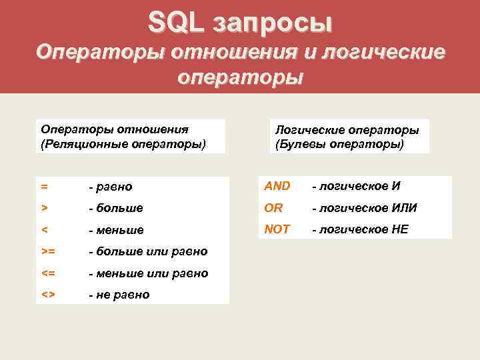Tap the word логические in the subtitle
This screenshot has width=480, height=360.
point(381,51)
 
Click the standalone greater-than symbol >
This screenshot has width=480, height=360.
point(44,208)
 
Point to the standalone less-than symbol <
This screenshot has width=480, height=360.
point(44,230)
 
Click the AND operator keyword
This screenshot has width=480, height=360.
point(277,186)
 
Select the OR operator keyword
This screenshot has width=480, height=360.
point(273,208)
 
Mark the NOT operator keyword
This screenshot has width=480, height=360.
point(277,229)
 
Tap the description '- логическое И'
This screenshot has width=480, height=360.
point(354,186)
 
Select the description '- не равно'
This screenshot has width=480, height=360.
point(119,295)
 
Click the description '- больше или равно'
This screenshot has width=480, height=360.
point(147,251)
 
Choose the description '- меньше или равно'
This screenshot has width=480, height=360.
point(148,273)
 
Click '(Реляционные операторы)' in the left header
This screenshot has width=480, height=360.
point(124,143)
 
